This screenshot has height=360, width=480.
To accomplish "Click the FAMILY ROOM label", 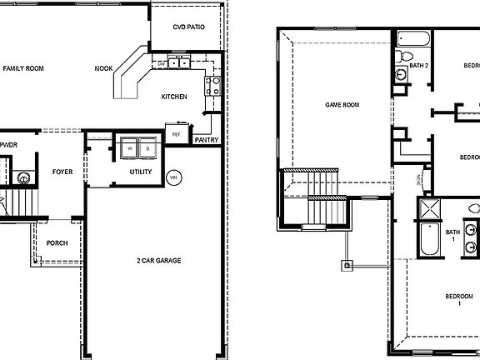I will pyautogui.click(x=23, y=68).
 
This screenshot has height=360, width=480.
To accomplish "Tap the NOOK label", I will pyautogui.click(x=103, y=68).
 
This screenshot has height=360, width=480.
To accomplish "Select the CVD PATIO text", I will pyautogui.click(x=188, y=27).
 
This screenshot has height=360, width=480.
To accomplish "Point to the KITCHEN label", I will pyautogui.click(x=174, y=97).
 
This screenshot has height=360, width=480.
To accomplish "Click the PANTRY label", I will pyautogui.click(x=207, y=139).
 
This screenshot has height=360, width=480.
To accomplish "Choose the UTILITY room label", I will pyautogui.click(x=140, y=172).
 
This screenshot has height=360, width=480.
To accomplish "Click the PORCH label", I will pyautogui.click(x=57, y=242).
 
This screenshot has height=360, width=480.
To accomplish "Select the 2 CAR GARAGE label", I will pyautogui.click(x=158, y=261).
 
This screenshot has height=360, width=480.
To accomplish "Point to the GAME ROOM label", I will pyautogui.click(x=342, y=105).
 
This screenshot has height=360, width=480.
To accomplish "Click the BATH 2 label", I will pyautogui.click(x=418, y=65).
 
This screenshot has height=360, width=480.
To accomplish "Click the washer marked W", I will pyautogui.click(x=129, y=148).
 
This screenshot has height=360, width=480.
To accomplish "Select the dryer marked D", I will pyautogui.click(x=147, y=148).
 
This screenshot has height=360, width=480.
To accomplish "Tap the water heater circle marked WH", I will pyautogui.click(x=174, y=177).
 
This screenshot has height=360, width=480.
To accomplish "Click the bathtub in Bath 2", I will pyautogui.click(x=412, y=38).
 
